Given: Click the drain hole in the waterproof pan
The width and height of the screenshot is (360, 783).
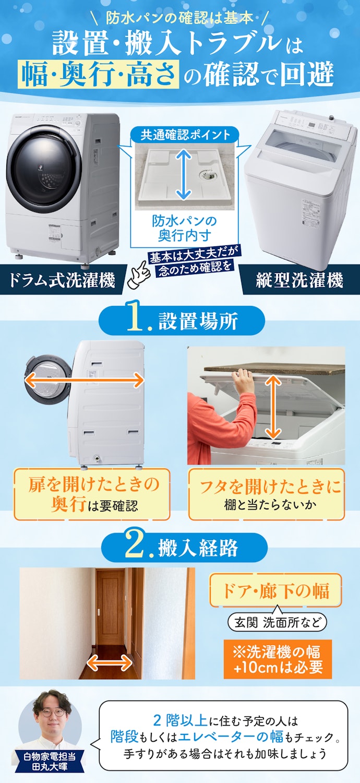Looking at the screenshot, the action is pos(207,174).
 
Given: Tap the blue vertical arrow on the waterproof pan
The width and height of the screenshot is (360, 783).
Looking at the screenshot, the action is pos(183,175).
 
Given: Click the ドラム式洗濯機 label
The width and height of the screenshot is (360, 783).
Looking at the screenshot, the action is pos(62,280).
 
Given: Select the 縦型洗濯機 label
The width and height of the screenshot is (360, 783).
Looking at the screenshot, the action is pos(299,280).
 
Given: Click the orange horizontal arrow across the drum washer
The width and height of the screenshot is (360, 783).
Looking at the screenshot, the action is pos(84,380).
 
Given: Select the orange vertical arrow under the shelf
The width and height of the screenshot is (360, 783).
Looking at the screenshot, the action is pos(273,407).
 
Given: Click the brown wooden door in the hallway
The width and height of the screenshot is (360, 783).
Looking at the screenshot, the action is pos(110,610).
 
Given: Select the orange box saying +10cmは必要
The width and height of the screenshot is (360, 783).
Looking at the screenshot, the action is pos(278,659).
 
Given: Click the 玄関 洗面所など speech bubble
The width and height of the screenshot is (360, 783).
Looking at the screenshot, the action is pos(277,623).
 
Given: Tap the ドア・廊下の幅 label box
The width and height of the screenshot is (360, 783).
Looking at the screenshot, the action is pos(275,590).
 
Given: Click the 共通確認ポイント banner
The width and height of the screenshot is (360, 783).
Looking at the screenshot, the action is pos(185,135).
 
